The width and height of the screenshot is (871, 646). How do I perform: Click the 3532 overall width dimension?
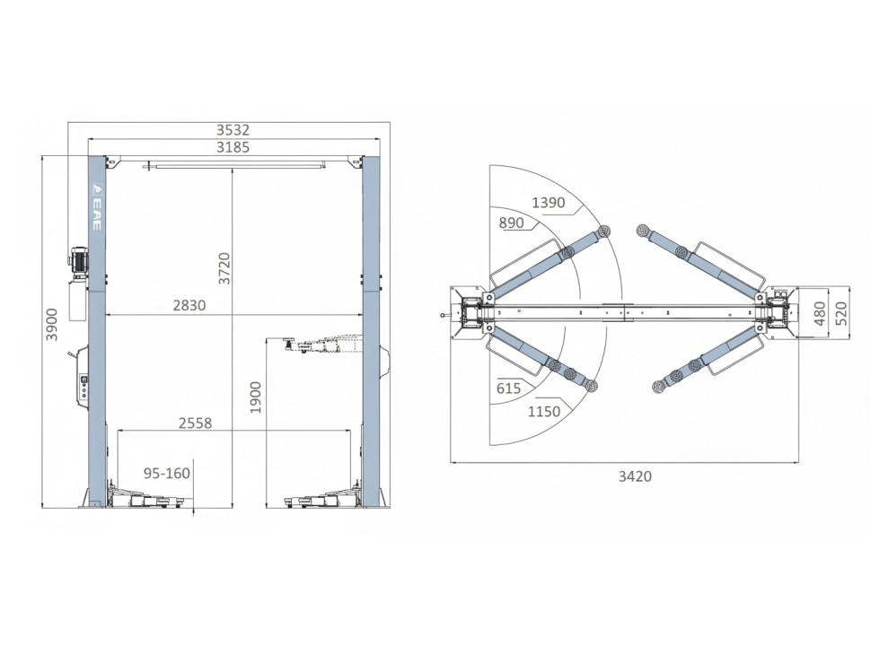[233, 130]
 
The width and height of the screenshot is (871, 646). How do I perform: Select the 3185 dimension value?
[233, 148]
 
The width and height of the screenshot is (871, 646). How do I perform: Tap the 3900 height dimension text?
[51, 325]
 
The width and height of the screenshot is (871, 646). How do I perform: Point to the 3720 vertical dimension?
[224, 268]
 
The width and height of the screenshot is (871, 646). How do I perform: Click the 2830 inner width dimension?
[189, 305]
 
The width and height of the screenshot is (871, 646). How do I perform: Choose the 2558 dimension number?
[196, 423]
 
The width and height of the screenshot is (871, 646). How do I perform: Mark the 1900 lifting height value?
[255, 397]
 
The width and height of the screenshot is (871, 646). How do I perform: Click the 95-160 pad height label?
[167, 474]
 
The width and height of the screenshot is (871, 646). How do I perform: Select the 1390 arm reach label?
[549, 203]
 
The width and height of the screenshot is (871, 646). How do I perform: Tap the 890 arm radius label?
[511, 223]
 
